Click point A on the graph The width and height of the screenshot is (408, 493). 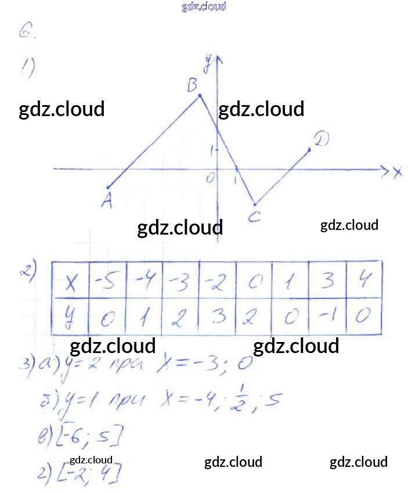[109, 187]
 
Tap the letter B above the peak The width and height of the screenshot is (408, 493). [193, 86]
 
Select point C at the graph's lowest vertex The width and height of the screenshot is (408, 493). [254, 204]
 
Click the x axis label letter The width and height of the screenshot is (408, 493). [398, 172]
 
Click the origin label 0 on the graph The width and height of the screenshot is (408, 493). [210, 178]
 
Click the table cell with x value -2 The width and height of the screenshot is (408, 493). [216, 281]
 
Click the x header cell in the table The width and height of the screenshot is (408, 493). [71, 282]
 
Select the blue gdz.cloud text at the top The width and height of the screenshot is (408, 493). [204, 6]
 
